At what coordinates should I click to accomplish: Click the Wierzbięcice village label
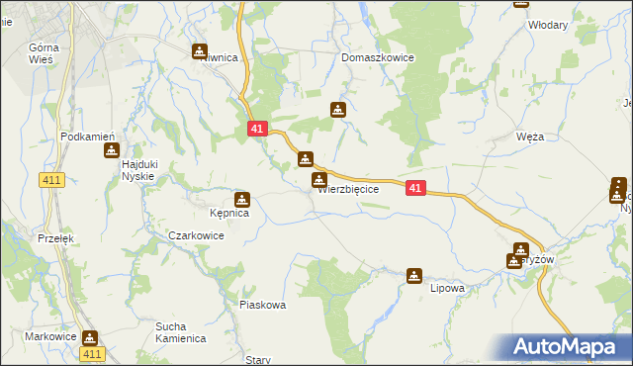pyautogui.click(x=349, y=189)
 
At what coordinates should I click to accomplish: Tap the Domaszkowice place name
pyautogui.click(x=378, y=58)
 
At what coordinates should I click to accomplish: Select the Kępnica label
pyautogui.click(x=229, y=213)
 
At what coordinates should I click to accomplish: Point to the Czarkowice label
pyautogui.click(x=196, y=236)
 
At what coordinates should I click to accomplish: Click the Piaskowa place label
pyautogui.click(x=263, y=306)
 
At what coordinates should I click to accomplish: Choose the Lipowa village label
pyautogui.click(x=447, y=289)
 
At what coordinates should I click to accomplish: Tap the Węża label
pyautogui.click(x=530, y=138)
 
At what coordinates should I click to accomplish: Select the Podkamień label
pyautogui.click(x=89, y=137)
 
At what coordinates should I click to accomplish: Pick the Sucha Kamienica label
pyautogui.click(x=179, y=331)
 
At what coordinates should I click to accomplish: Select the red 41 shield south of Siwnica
pyautogui.click(x=256, y=129)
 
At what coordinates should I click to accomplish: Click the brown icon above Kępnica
pyautogui.click(x=241, y=198)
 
